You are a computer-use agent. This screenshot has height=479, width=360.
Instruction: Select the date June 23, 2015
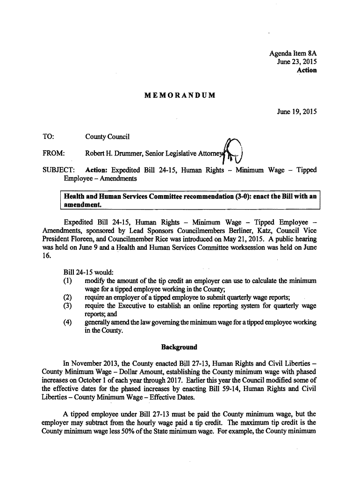pyautogui.click(x=297, y=62)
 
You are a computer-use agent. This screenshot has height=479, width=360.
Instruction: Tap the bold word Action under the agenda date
pyautogui.click(x=307, y=70)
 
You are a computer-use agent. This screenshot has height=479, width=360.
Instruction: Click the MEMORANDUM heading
pyautogui.click(x=180, y=95)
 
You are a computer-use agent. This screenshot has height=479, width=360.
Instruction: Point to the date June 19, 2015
pyautogui.click(x=297, y=112)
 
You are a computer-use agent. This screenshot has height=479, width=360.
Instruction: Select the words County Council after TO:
pyautogui.click(x=107, y=137)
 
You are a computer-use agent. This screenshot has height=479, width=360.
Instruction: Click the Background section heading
pyautogui.click(x=179, y=347)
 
